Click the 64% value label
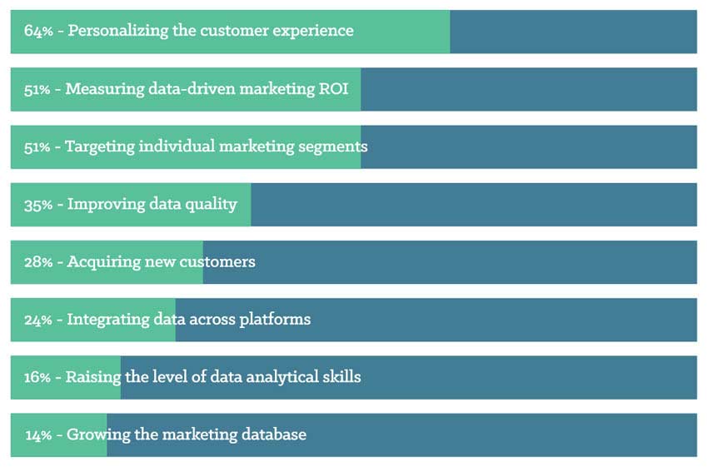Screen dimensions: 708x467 click(38, 31)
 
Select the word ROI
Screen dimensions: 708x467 click(334, 88)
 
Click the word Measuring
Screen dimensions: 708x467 click(105, 89)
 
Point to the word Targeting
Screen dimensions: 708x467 click(100, 147)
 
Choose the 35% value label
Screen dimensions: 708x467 click(38, 205)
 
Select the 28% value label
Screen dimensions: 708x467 click(38, 262)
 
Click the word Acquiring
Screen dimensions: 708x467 click(104, 262)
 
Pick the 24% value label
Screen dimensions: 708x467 click(38, 320)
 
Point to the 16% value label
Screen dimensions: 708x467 click(37, 377)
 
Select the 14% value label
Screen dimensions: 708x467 click(38, 435)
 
